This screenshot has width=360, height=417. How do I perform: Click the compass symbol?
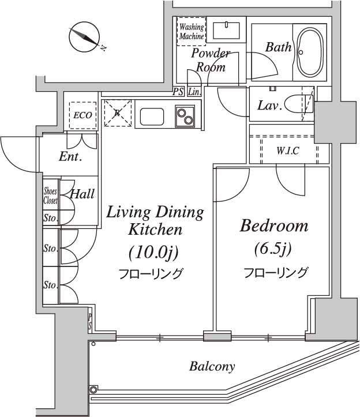[x=85, y=37]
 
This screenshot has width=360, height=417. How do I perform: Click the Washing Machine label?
[x=192, y=31]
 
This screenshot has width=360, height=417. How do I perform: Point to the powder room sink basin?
[x=226, y=31]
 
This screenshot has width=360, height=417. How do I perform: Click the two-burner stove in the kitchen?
[x=185, y=116]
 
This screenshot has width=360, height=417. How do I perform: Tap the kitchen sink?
[x=152, y=117]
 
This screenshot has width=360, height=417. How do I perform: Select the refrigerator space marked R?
[x=117, y=113]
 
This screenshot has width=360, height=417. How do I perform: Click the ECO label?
[x=82, y=115]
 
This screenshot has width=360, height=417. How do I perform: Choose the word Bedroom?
[x=274, y=226]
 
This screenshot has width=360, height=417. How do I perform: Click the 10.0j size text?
[x=153, y=253]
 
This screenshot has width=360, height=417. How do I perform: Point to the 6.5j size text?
[x=273, y=249]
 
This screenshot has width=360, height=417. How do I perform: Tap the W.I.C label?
[x=288, y=151]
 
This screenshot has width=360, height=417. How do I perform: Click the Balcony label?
[x=212, y=366]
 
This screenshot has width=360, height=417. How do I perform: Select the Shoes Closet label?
[x=50, y=196]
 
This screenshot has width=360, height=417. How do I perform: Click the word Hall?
[x=82, y=194]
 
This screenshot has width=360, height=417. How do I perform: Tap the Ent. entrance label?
[x=70, y=156]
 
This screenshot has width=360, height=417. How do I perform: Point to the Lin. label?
[x=194, y=92]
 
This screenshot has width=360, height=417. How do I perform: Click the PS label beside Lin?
[x=178, y=92]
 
